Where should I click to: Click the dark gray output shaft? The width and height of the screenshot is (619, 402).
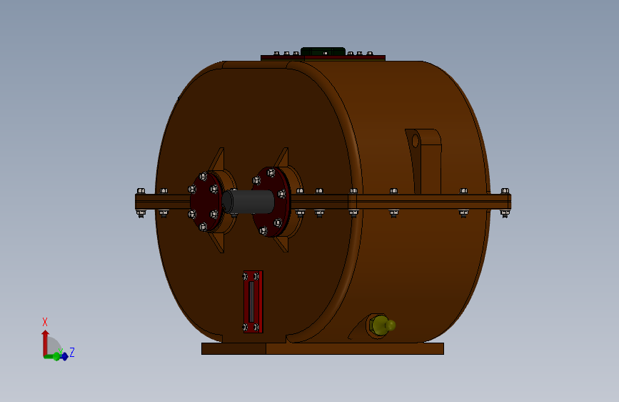point(248,202)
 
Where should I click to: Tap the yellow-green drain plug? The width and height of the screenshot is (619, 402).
point(382,325)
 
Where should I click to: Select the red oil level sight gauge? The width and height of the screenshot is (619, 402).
point(253,302)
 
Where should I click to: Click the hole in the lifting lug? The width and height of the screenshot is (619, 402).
point(416,141)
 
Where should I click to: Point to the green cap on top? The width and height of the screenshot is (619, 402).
point(323,52)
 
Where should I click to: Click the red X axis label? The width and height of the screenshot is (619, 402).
point(44,322)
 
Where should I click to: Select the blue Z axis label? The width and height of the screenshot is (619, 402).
point(72,352)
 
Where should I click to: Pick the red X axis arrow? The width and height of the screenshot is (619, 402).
point(45,343)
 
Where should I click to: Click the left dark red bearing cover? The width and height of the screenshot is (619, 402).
point(206,202)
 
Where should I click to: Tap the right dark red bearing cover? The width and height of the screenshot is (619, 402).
point(271,202)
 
